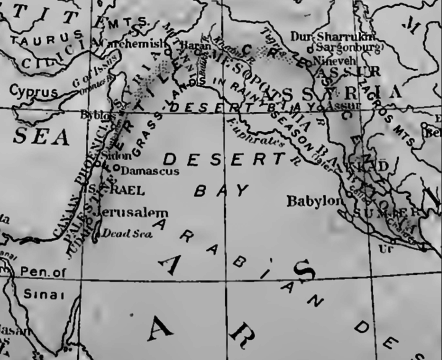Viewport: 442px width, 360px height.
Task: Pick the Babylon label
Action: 315,200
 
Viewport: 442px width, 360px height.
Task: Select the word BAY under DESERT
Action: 208,188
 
